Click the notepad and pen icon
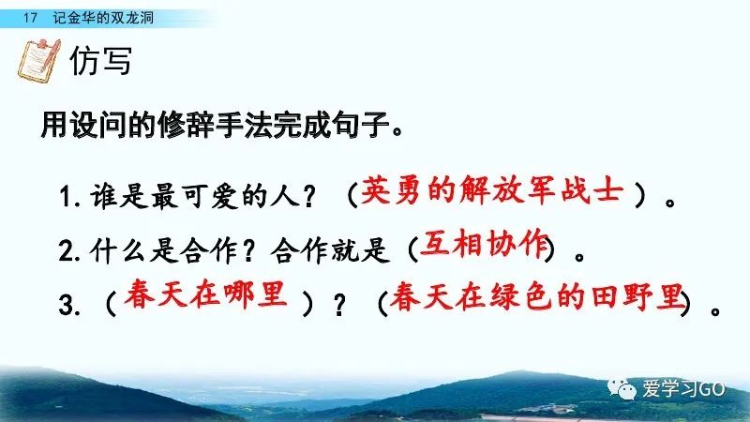39,61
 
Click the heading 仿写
100,61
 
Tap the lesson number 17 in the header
30,18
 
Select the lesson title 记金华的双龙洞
103,18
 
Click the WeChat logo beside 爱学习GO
622,388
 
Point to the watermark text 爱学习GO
683,388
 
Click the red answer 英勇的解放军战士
492,190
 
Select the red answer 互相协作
484,244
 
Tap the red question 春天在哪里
205,294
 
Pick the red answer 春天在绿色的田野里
536,296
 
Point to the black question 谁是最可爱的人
195,196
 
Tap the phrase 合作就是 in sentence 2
330,250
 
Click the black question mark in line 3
339,304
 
